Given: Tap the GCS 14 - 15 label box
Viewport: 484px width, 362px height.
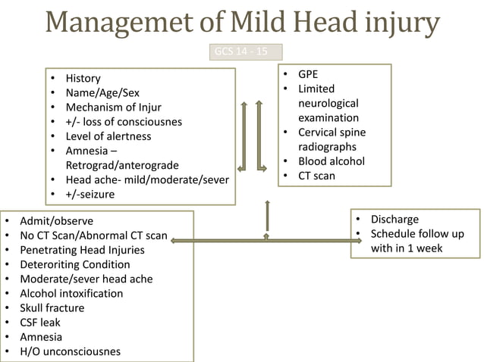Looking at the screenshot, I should [245, 52].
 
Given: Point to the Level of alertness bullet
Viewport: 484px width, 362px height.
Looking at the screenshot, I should [108, 136].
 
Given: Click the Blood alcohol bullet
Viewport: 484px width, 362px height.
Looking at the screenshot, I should [331, 161].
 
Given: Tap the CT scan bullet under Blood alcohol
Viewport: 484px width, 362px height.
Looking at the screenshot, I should [316, 176].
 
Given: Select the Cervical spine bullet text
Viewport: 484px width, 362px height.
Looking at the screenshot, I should [331, 133].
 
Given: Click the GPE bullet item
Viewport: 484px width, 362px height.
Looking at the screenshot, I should [308, 75].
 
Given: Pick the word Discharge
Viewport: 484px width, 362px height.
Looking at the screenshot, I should [394, 219].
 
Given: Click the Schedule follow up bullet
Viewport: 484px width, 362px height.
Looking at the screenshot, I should [416, 233].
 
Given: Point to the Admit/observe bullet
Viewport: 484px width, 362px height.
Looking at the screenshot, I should [57, 221].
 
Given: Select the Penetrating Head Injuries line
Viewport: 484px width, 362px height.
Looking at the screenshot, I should [82, 250].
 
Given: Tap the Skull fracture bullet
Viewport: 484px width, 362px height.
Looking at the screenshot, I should [52, 308].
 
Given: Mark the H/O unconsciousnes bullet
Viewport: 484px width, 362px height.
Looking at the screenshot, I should [70, 351].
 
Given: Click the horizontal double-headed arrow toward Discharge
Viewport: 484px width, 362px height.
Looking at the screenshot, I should [266, 240].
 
